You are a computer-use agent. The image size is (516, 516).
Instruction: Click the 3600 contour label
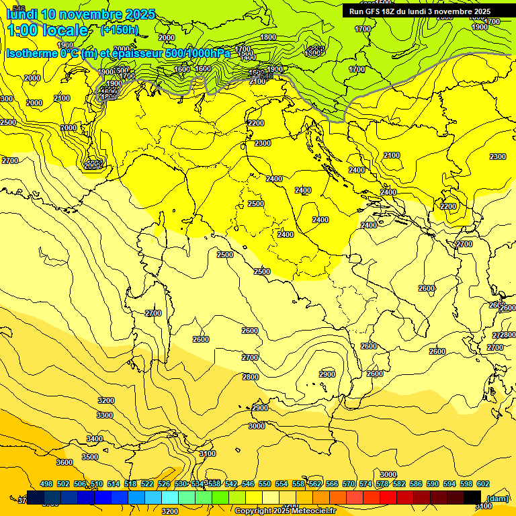pos(64,462)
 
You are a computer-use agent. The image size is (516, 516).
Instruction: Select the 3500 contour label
pos(89,457)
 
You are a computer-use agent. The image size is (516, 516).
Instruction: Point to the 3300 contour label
pos(105,416)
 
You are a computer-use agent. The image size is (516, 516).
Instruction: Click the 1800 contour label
pos(268,38)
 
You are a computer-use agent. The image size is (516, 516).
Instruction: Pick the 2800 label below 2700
pos(250,377)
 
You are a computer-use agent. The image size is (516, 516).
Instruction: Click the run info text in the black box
pos(420,11)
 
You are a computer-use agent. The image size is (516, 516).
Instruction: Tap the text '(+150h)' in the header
pos(119,30)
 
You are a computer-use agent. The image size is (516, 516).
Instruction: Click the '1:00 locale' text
pos(47,30)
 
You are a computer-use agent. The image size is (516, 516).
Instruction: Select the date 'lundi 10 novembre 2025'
pos(81,14)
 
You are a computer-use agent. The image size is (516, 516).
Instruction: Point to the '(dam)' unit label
pos(497,498)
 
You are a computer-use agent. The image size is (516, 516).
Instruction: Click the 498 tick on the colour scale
pos(46,484)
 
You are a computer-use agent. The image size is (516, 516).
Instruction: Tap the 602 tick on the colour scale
pos(482,484)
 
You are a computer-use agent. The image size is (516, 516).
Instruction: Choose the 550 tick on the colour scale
pos(265,484)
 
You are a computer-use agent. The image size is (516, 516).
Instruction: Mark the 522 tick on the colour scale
pos(147,484)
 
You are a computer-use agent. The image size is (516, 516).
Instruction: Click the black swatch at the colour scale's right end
pos(472,497)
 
